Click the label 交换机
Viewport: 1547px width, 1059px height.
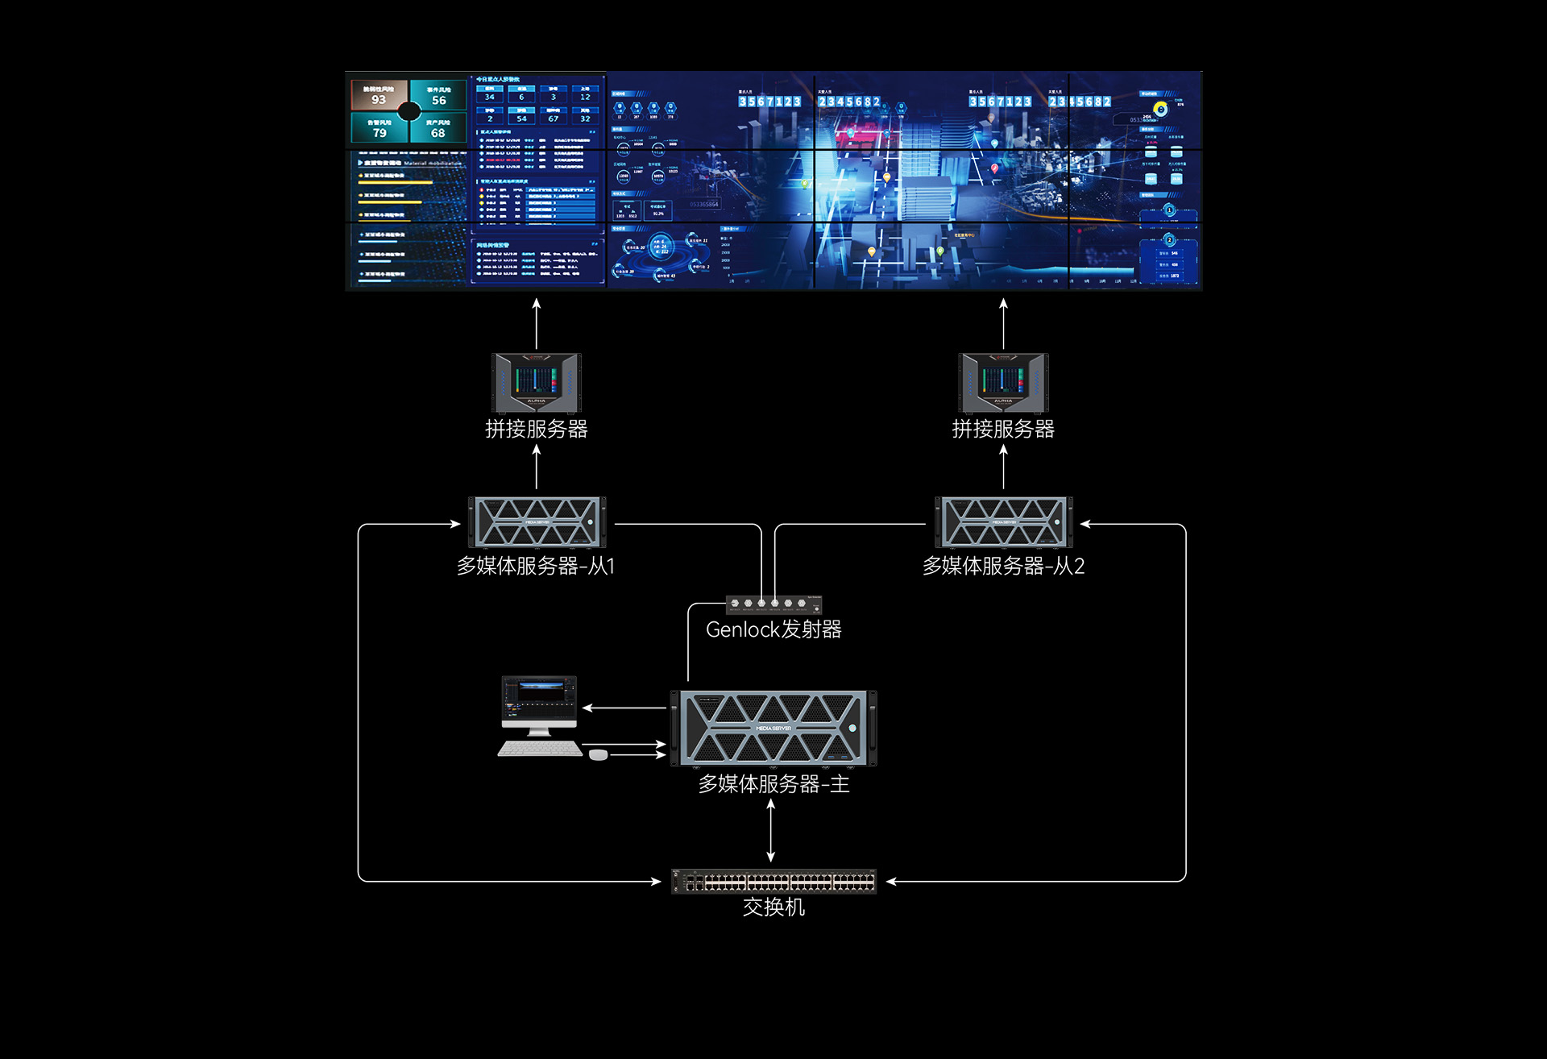773,907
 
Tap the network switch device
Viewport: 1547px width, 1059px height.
773,882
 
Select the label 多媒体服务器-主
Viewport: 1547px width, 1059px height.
773,783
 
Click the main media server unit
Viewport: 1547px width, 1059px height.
773,728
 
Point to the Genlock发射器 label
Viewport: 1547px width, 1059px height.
773,629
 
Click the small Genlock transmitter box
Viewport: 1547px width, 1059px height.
773,604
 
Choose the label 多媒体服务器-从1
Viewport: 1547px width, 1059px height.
536,566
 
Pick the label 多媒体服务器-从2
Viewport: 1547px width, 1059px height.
1003,566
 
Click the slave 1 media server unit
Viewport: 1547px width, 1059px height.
537,522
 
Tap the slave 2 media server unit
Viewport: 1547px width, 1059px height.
1003,522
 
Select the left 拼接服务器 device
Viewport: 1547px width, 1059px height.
537,383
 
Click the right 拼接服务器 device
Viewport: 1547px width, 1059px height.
1003,383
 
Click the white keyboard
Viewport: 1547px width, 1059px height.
540,750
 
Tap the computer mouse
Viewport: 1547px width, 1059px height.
598,754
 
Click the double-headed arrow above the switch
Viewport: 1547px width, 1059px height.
771,831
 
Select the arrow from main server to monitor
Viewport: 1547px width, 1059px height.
624,708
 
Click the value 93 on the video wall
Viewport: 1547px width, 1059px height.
379,100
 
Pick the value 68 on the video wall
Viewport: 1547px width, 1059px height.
438,133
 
